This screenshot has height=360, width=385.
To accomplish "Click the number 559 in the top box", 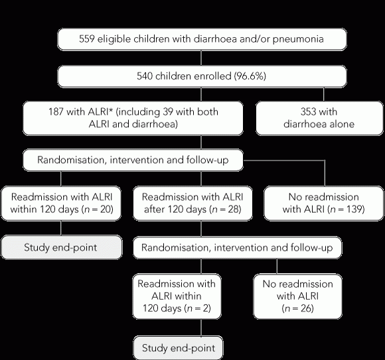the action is (87, 39).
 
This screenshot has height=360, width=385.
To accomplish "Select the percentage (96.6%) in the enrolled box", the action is (250, 76).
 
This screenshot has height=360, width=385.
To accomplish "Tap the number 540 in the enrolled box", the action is (145, 76).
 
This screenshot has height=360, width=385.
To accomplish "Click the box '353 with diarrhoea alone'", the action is (319, 118).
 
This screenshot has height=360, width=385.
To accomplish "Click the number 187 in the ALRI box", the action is (56, 112).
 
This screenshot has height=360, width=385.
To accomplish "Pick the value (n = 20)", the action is (98, 210).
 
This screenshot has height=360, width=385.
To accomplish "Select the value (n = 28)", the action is (226, 210).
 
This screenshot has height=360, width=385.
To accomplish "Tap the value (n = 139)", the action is (346, 210).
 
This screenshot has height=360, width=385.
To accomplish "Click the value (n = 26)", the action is (298, 308).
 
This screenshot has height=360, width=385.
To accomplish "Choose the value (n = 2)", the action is (197, 308).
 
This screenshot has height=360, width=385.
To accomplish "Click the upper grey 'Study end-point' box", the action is (61, 247).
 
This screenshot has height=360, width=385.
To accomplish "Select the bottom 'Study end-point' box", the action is (179, 348).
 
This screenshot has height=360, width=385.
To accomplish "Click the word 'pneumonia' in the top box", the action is (298, 39).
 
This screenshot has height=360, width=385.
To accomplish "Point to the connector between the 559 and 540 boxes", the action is (201, 58).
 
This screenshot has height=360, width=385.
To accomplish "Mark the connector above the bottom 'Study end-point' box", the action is (201, 328).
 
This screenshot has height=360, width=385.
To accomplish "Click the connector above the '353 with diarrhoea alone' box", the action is (324, 94).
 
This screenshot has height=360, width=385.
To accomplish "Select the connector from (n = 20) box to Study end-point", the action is (61, 228).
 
